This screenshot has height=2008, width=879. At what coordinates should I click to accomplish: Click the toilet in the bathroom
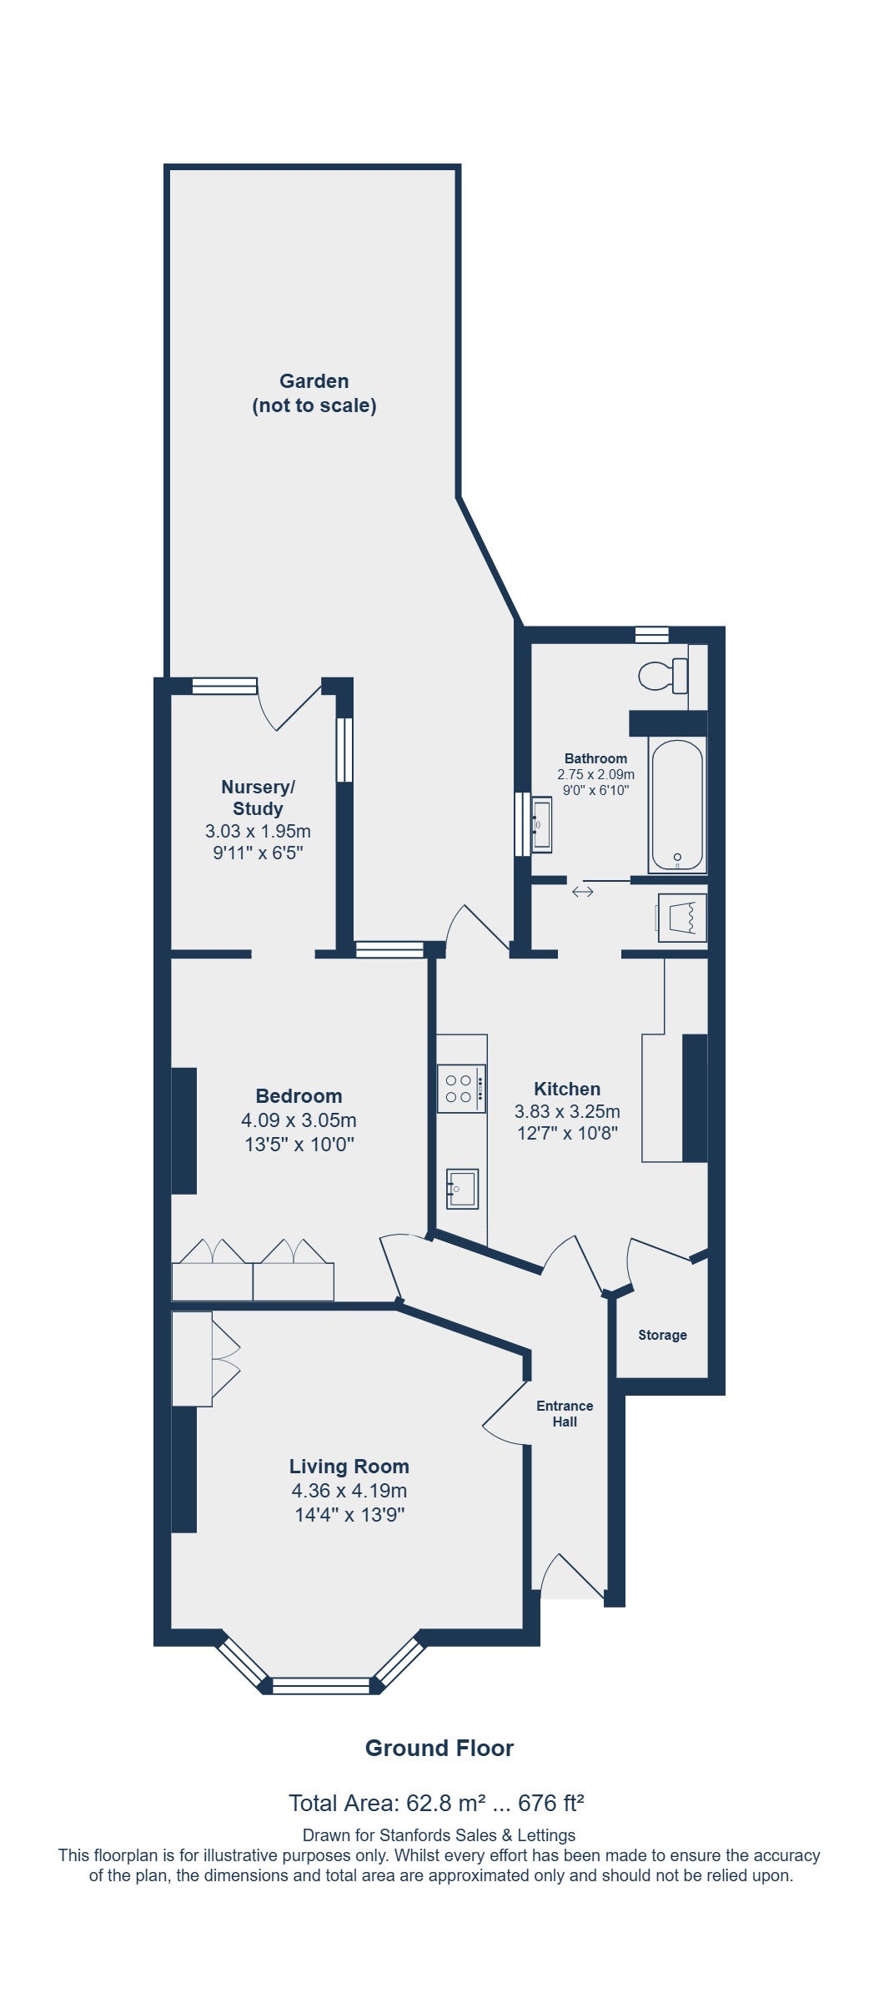click(664, 675)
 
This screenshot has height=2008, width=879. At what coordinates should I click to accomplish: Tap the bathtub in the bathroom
click(677, 805)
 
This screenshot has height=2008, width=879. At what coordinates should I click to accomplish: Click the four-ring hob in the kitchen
click(461, 1088)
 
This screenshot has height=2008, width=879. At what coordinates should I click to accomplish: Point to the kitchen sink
click(463, 1189)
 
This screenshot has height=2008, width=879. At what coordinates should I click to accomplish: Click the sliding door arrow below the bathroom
click(582, 892)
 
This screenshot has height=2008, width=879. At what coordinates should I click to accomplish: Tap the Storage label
click(662, 1335)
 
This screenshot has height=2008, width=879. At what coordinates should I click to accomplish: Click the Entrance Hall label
click(565, 1413)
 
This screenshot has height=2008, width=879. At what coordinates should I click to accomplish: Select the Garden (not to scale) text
click(314, 393)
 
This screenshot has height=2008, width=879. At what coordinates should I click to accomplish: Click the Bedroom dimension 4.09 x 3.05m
click(299, 1120)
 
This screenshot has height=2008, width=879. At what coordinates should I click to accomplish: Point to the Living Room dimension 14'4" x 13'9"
click(349, 1514)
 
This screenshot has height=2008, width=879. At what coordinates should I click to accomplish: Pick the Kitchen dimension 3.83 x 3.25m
click(567, 1111)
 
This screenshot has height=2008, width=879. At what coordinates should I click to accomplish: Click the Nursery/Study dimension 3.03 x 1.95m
click(258, 831)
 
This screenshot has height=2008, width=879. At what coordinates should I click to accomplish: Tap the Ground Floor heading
click(439, 1748)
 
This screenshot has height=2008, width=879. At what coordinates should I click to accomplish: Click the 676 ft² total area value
click(551, 1804)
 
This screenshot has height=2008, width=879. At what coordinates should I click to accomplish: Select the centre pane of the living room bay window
click(321, 1685)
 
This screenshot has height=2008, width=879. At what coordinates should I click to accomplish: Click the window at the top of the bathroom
click(651, 635)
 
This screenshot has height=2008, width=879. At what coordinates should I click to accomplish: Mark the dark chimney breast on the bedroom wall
click(183, 1130)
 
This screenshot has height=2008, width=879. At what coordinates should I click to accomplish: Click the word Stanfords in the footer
click(414, 1835)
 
